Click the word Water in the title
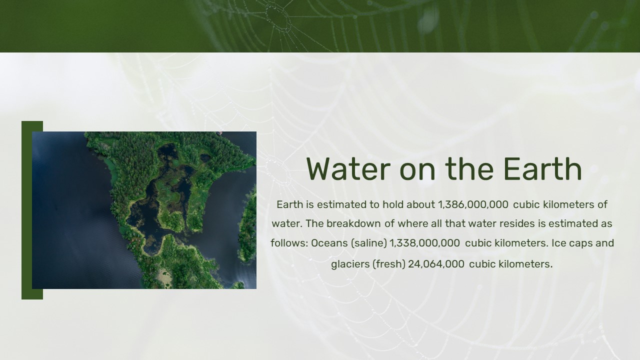(348, 169)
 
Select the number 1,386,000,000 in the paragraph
(473, 204)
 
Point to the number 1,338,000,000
(424, 243)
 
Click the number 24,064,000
(436, 264)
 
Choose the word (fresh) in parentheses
(389, 264)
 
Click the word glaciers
(350, 264)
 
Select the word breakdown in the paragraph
(353, 223)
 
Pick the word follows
(289, 243)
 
